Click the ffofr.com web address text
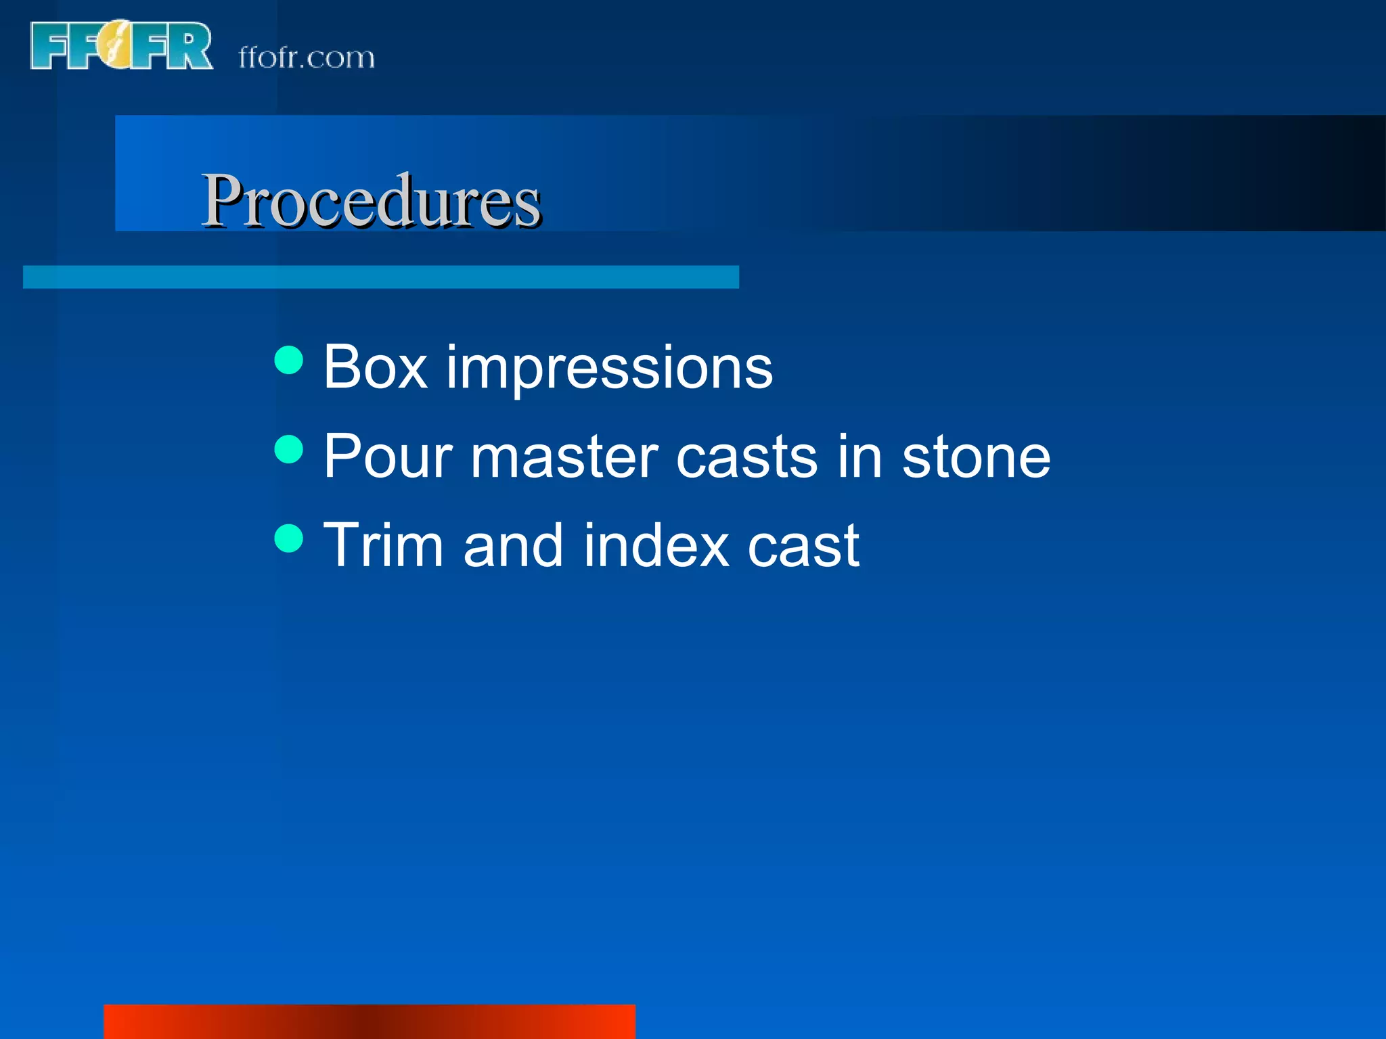point(307,58)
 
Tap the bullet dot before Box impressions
point(289,360)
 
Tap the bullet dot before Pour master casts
point(289,449)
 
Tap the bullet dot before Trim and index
point(289,538)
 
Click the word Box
point(376,367)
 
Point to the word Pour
point(387,457)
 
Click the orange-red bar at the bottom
point(370,1021)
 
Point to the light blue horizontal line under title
point(380,277)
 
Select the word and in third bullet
point(513,545)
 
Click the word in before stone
point(859,457)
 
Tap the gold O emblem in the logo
point(116,46)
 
